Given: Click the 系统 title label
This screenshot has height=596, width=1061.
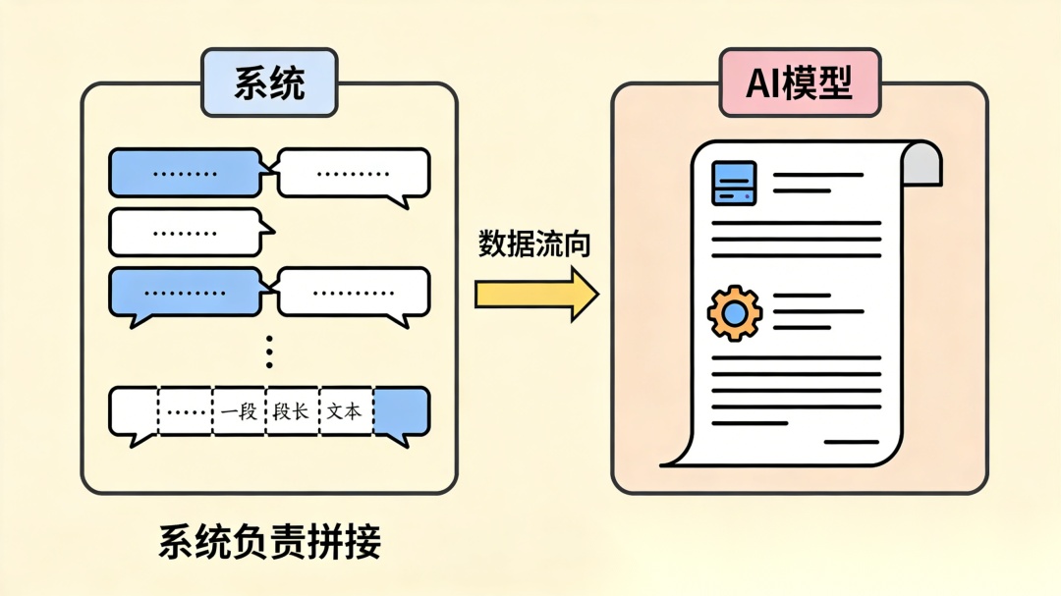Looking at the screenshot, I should click(x=269, y=82).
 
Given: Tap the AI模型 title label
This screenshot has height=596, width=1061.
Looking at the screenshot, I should click(x=798, y=82).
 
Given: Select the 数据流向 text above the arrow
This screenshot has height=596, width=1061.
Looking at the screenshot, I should click(x=534, y=245).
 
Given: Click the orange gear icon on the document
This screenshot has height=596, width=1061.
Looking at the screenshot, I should click(x=733, y=313).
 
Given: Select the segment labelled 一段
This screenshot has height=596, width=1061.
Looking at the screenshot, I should click(x=240, y=411).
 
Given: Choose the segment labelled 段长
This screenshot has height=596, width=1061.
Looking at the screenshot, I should click(x=292, y=411).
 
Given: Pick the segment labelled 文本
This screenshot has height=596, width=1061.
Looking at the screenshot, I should click(x=345, y=411).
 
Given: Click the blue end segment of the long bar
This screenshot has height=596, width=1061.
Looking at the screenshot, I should click(x=401, y=411).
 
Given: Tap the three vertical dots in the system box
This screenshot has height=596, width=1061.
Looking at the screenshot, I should click(x=269, y=352).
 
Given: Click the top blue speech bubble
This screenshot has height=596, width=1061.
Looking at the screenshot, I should click(x=186, y=173).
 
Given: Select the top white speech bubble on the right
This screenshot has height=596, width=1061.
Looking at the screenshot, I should click(x=354, y=174).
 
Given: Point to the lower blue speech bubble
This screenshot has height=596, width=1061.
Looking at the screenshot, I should click(x=186, y=293).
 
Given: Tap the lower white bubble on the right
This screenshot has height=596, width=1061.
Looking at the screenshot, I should click(x=354, y=293).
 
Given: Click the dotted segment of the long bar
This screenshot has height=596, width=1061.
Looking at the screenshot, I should click(x=185, y=411).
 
